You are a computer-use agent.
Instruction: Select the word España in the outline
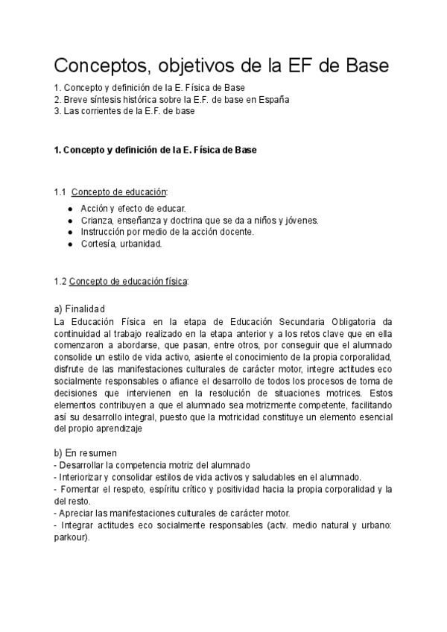tap(272, 99)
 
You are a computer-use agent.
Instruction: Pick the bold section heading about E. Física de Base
tap(156, 150)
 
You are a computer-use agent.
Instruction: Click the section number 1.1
tap(60, 192)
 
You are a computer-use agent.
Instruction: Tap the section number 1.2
tap(60, 281)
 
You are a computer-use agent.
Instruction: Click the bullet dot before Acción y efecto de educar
tap(70, 208)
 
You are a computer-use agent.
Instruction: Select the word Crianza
tap(96, 220)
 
